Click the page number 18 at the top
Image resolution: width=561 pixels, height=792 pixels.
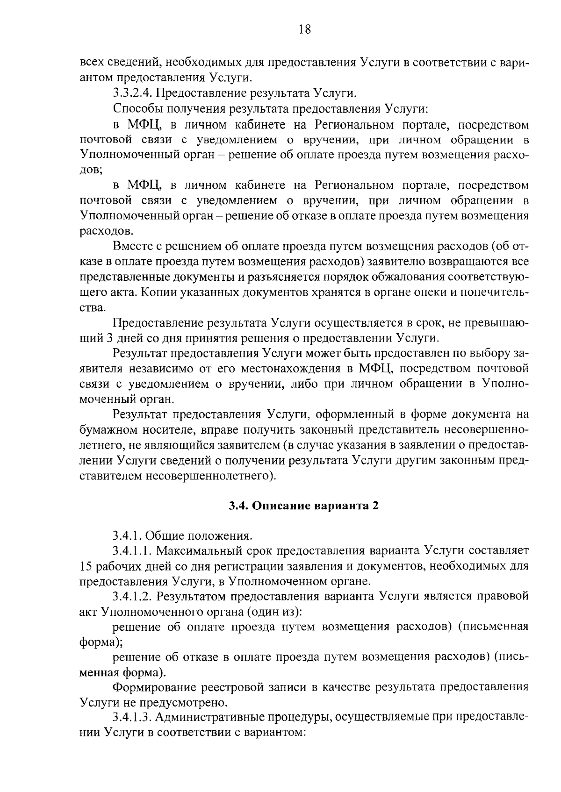(x=304, y=30)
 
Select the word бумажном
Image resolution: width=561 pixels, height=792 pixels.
(x=104, y=429)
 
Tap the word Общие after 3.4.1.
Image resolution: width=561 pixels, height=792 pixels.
(x=165, y=535)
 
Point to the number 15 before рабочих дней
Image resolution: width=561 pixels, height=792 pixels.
(x=87, y=566)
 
